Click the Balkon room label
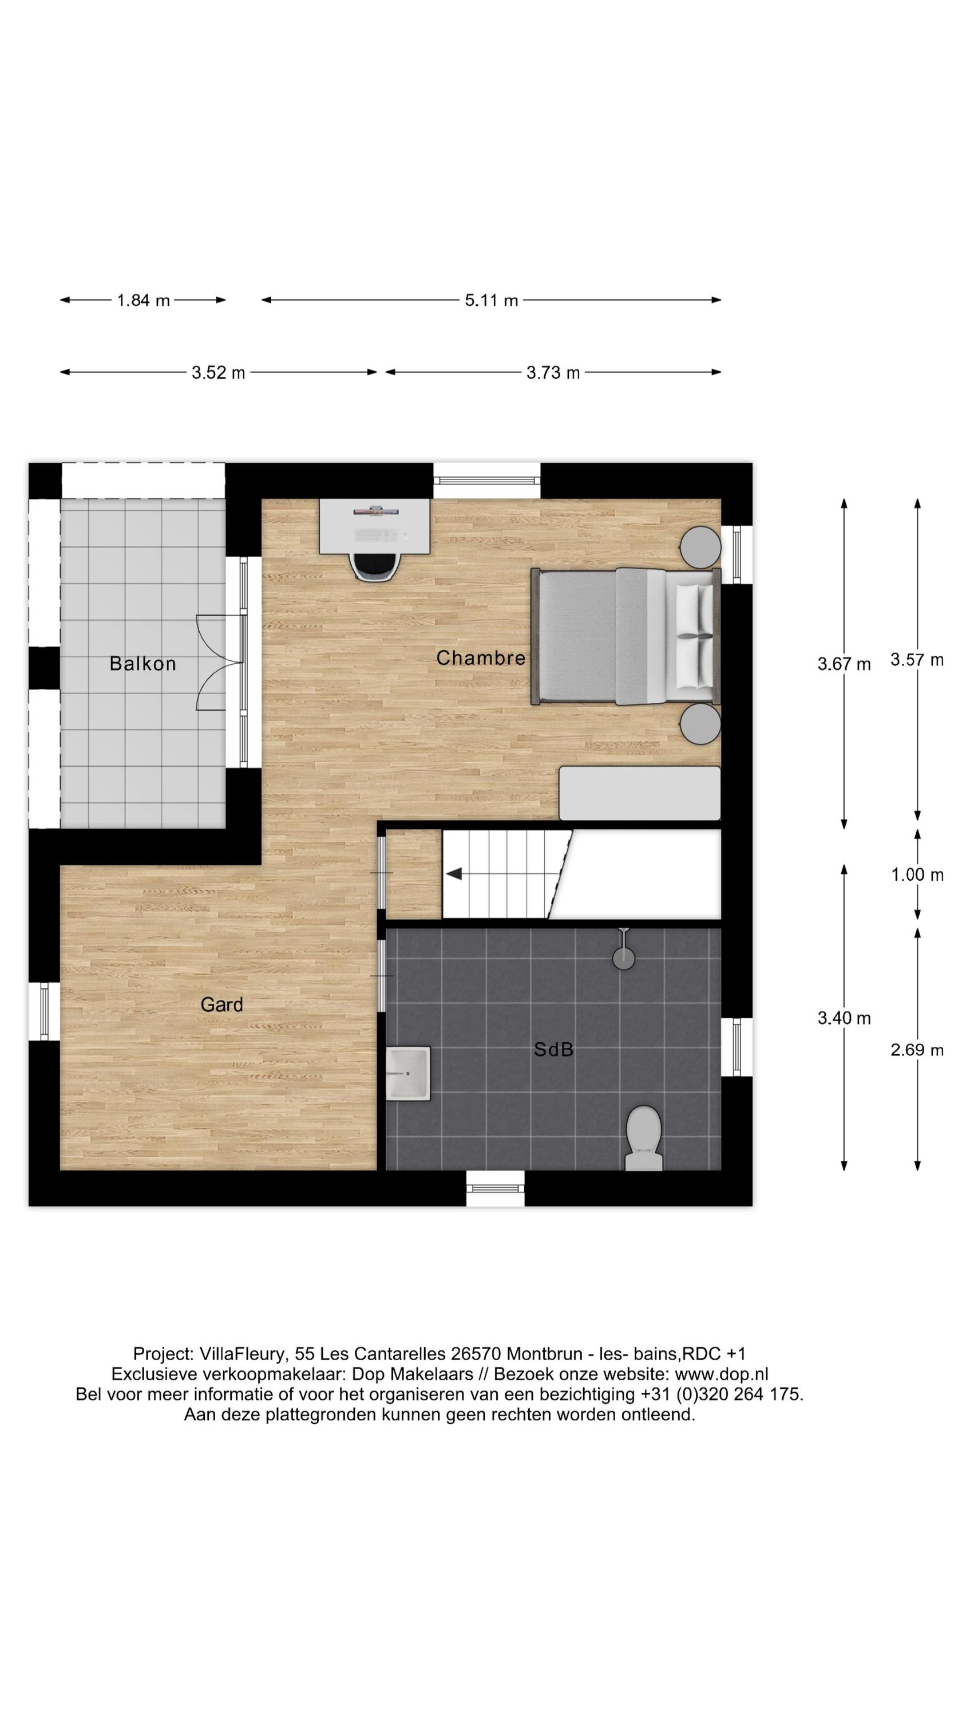tap(142, 664)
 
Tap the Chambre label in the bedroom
tap(481, 657)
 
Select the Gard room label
tap(221, 1004)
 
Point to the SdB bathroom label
tap(553, 1050)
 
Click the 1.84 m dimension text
tap(143, 300)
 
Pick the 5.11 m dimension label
tap(492, 300)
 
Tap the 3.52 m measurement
tap(218, 372)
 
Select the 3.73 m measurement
tap(553, 372)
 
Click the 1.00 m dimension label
tap(917, 874)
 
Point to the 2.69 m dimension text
tap(917, 1050)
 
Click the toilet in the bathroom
tap(643, 1137)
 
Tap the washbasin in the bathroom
tap(408, 1073)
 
